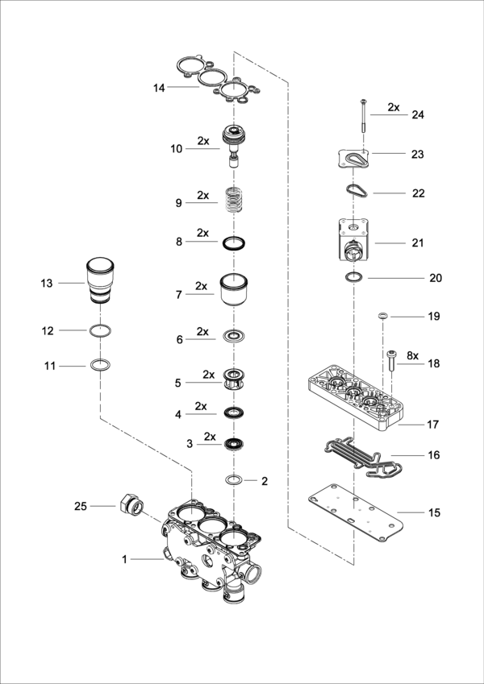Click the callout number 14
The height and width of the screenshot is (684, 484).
159,87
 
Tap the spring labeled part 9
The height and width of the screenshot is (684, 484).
235,200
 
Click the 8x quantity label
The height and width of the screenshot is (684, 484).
412,355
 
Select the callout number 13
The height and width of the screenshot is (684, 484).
47,283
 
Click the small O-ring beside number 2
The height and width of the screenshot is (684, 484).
235,480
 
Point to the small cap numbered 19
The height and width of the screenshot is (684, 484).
384,316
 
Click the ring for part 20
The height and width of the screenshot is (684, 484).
353,278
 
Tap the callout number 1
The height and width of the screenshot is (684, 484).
125,558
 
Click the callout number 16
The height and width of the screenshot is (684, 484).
434,455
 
